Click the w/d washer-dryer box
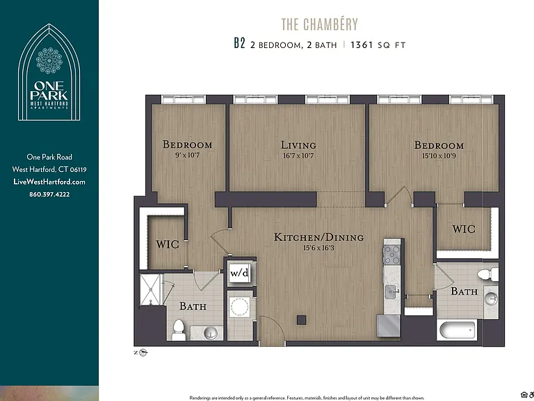[x=240, y=272]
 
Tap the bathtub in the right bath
[x=456, y=330]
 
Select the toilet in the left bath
[x=179, y=330]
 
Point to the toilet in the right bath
[x=487, y=274]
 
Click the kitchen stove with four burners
[x=391, y=254]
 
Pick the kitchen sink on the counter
[x=391, y=292]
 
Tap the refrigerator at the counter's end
[x=389, y=326]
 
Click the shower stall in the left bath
[x=150, y=290]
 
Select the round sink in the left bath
[x=211, y=333]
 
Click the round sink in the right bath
[x=491, y=299]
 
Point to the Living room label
[x=298, y=146]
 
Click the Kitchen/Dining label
[x=318, y=237]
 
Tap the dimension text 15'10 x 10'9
[x=439, y=156]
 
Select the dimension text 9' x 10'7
[x=187, y=155]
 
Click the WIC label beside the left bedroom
[x=168, y=244]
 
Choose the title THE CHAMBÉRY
[x=320, y=24]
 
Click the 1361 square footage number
[x=362, y=45]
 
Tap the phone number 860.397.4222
[x=49, y=194]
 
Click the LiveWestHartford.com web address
[x=49, y=182]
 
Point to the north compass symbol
[x=143, y=352]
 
